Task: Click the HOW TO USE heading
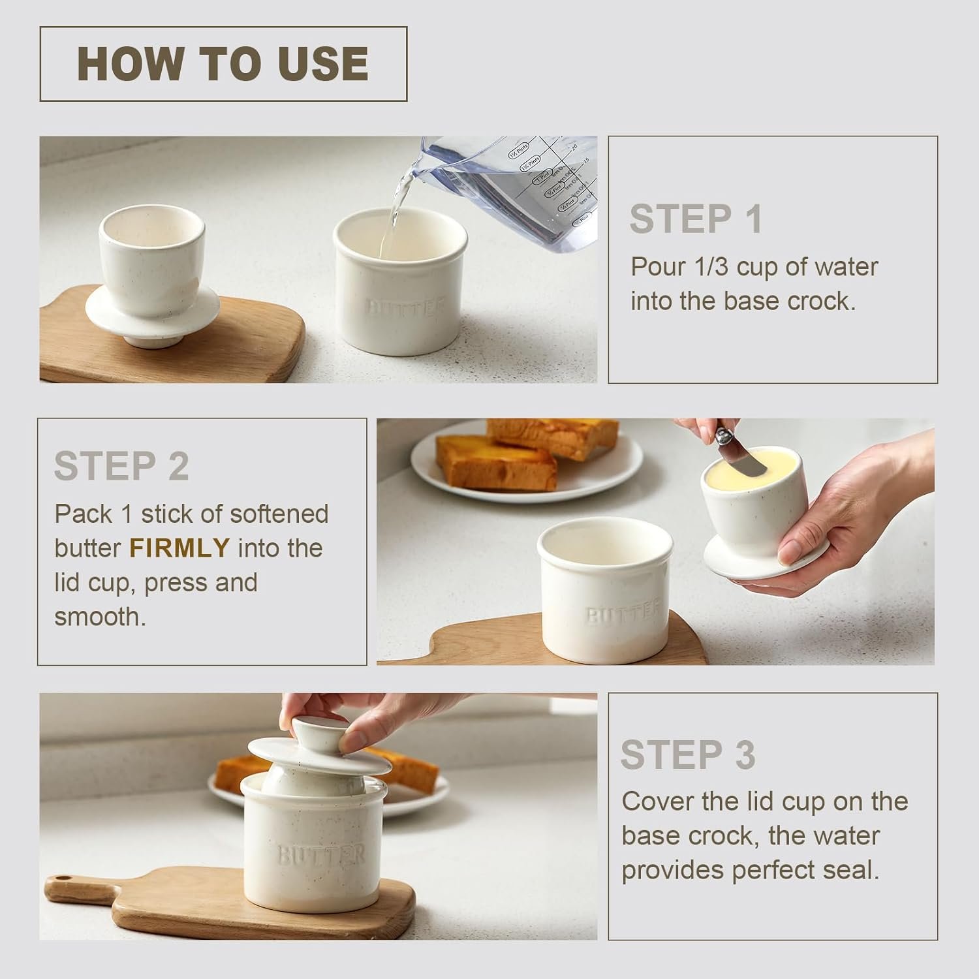coord(223,64)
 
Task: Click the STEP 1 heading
coord(696,219)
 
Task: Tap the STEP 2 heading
coord(121,466)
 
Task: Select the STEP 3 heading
coord(688,755)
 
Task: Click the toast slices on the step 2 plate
coord(516,454)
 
